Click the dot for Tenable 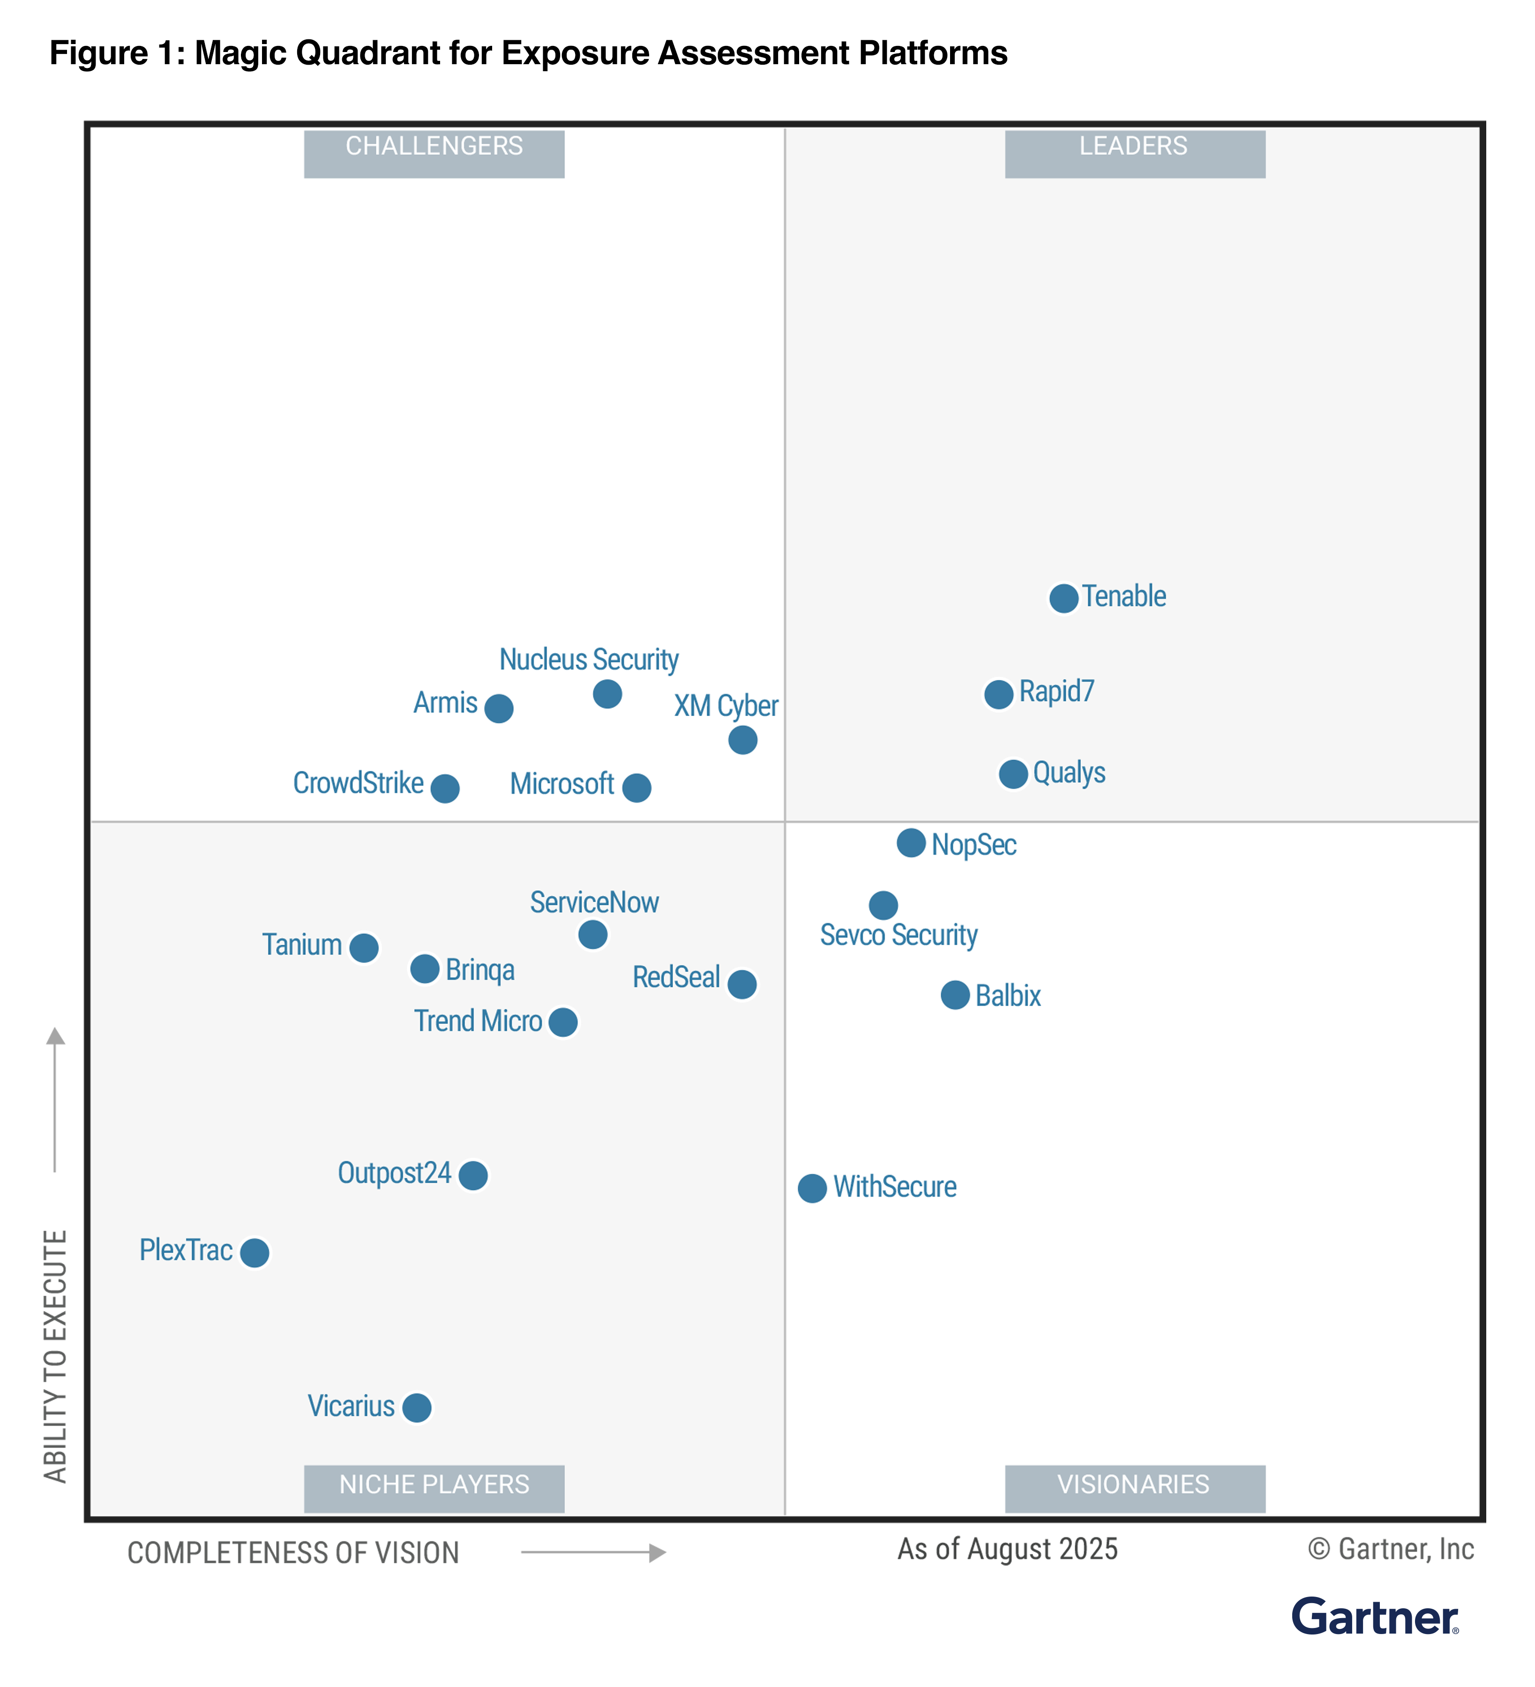[x=1063, y=598]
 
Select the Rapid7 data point [x=998, y=694]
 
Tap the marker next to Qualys [x=1013, y=774]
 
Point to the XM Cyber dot [x=742, y=740]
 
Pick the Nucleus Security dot [x=607, y=694]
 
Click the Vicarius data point [x=417, y=1408]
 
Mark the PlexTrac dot [x=255, y=1253]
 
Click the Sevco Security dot [x=883, y=904]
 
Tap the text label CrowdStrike [x=358, y=783]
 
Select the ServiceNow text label [x=594, y=902]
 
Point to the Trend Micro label [x=478, y=1021]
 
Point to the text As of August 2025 [x=1008, y=1549]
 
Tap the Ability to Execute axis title [x=55, y=1356]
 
